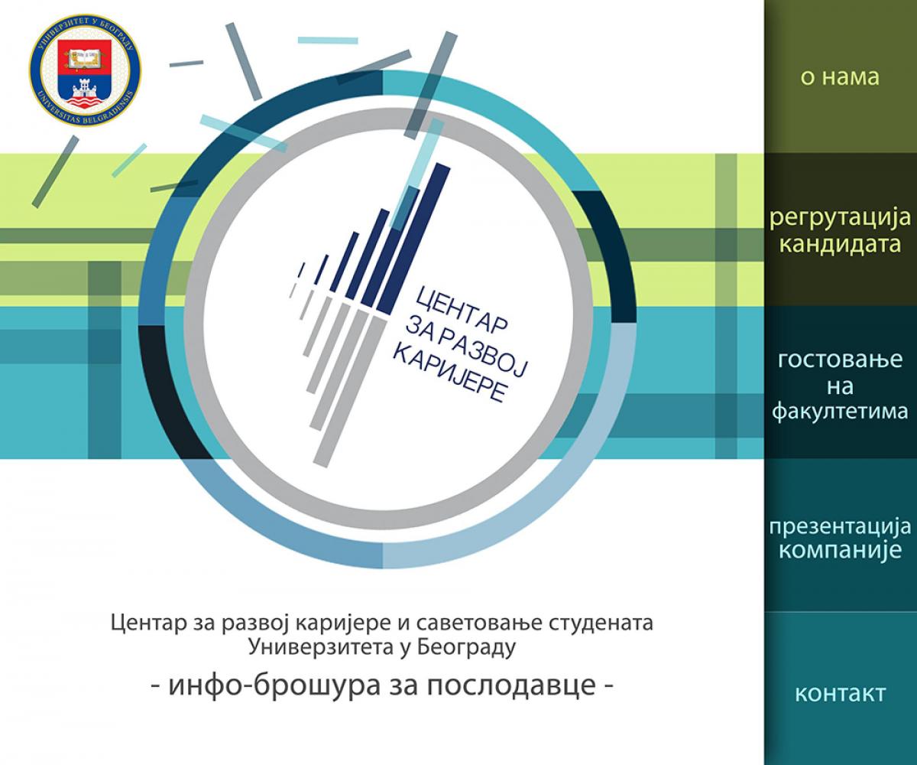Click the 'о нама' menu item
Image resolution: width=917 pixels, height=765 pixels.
(840, 77)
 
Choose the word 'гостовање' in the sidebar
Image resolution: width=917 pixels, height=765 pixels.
(840, 360)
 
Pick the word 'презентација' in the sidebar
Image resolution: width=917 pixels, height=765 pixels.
(840, 527)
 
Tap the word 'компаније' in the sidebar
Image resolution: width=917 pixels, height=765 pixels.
(840, 552)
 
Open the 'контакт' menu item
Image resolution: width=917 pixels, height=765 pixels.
(840, 694)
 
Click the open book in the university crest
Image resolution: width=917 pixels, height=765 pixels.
(84, 57)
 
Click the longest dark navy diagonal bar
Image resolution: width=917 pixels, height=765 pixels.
(413, 239)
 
